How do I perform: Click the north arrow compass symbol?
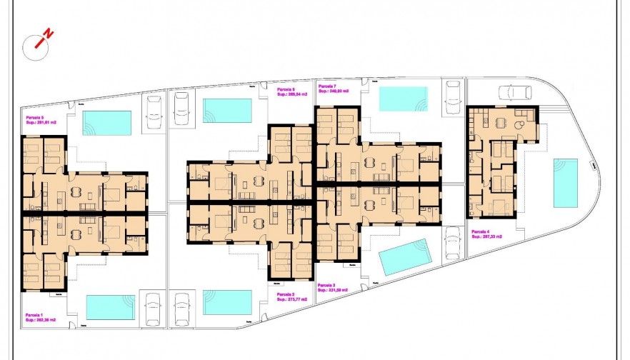coord(39,44)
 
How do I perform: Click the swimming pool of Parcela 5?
coord(107,123)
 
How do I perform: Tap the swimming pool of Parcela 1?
coord(111,307)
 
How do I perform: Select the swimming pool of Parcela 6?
coord(227,110)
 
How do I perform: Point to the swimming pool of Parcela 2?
coord(227,302)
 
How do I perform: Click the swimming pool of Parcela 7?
coord(402,99)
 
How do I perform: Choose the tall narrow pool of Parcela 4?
coord(566,183)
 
